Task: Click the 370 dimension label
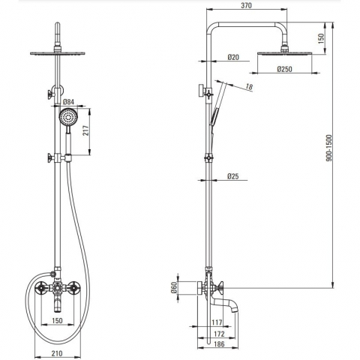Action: pos(246,5)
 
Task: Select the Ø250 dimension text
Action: pos(284,69)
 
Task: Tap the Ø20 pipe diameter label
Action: pos(233,57)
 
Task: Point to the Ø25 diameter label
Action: pos(233,176)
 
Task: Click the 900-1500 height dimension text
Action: pos(329,148)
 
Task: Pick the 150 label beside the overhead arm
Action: pos(321,38)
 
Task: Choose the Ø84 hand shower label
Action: pos(68,102)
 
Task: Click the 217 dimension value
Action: pos(85,130)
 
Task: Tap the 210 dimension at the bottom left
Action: pos(57,353)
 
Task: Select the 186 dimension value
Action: pos(219,344)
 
